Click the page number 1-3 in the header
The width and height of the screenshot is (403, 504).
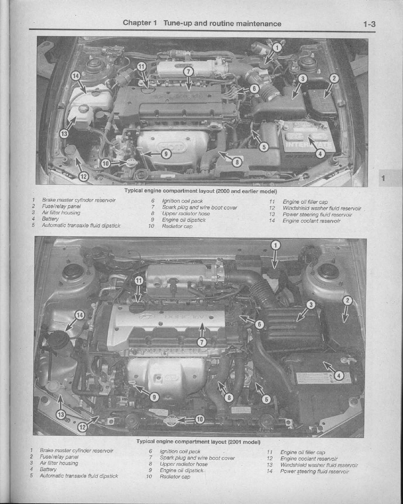(x=369, y=24)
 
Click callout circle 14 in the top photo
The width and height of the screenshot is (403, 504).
(x=76, y=76)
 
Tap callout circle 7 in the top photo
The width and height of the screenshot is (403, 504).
(x=188, y=72)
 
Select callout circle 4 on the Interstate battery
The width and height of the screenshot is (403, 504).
(x=320, y=154)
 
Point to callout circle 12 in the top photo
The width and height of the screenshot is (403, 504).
(x=84, y=176)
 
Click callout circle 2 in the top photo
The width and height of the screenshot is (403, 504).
(x=334, y=78)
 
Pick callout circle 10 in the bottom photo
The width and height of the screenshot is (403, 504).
(x=200, y=419)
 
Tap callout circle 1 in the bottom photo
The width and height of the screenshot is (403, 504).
(x=276, y=246)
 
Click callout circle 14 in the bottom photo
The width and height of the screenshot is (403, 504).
(x=80, y=315)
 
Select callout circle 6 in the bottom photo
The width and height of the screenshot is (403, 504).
(x=259, y=325)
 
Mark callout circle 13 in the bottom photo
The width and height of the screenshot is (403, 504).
(x=61, y=415)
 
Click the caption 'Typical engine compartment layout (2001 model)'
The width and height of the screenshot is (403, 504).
(x=198, y=442)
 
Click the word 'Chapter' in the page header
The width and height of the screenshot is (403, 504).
(x=137, y=23)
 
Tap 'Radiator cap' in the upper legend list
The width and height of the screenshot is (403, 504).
(x=177, y=226)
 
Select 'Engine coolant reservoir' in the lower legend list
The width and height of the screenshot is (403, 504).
(x=309, y=459)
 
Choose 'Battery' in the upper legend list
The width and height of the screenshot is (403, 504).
(x=50, y=219)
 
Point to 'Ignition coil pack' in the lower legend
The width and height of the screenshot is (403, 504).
(x=180, y=452)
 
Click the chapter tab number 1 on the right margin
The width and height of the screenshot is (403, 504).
(x=383, y=178)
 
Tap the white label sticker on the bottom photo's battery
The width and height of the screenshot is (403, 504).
(x=324, y=378)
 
